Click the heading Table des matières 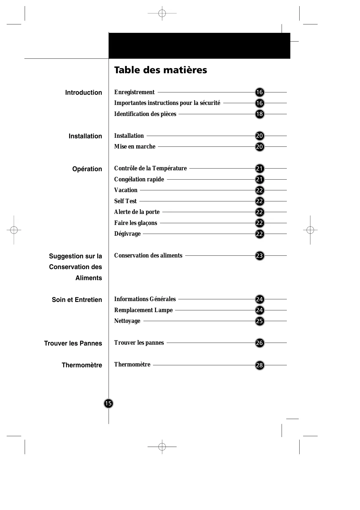coord(161,70)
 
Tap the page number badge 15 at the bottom coord(108,403)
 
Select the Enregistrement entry coord(134,92)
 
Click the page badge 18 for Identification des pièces coord(260,114)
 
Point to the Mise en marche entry coord(135,147)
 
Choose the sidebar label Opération coord(87,169)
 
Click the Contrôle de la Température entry coord(150,169)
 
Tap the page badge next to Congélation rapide coord(260,180)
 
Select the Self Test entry coord(125,201)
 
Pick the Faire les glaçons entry coord(136,223)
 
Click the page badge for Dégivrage coord(260,234)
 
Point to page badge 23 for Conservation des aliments coord(260,256)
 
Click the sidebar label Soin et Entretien coord(77,300)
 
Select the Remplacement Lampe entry coord(143,310)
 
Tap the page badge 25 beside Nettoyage coord(260,321)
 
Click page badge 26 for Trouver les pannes coord(260,343)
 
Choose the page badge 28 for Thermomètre coord(260,365)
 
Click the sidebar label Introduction coord(84,93)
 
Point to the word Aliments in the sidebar coord(89,278)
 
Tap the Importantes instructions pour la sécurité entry coord(167,103)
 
